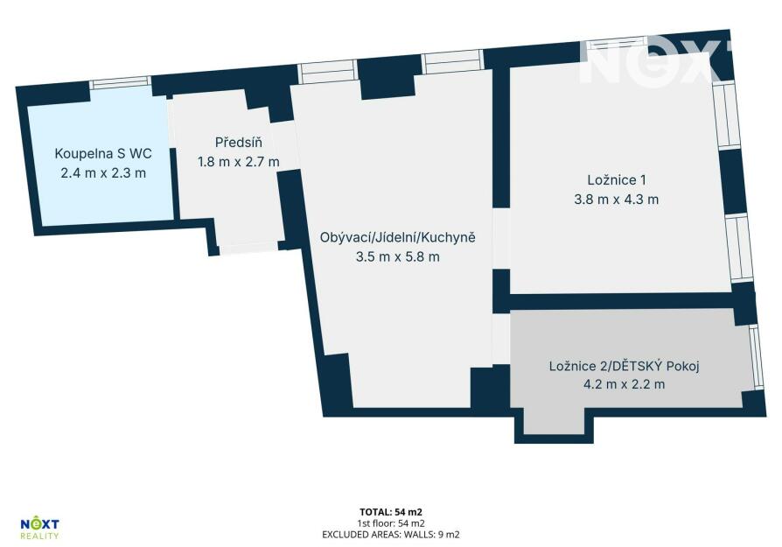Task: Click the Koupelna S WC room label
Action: tap(103, 153)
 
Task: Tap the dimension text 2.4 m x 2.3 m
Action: tap(103, 173)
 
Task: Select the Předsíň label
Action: tap(239, 143)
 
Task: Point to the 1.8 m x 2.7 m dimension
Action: tap(239, 162)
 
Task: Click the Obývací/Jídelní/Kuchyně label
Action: tap(397, 237)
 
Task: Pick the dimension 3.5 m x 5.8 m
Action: tap(397, 257)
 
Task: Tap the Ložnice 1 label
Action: tap(617, 179)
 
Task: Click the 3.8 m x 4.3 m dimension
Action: tap(617, 200)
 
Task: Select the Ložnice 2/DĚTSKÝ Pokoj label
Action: tap(624, 366)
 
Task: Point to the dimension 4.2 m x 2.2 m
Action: tap(624, 384)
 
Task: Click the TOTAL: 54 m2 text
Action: tap(391, 512)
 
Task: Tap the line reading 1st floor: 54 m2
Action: tap(391, 523)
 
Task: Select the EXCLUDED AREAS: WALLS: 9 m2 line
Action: tap(391, 535)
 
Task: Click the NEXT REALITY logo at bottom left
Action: tap(39, 529)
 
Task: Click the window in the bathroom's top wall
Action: tap(120, 83)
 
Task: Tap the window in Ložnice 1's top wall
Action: tap(617, 44)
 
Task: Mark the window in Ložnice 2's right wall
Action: tap(756, 357)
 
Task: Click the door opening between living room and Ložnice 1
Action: tap(501, 239)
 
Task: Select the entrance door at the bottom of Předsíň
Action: tap(249, 248)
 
